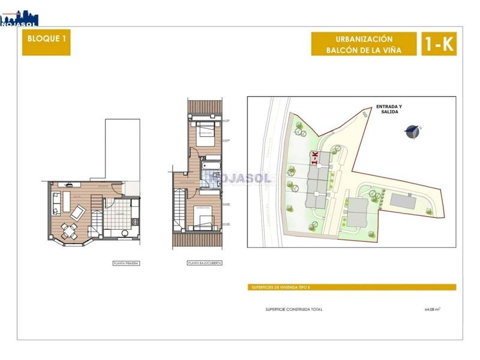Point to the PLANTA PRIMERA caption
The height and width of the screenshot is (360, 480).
126,263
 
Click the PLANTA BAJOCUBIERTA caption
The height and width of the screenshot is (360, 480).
201,263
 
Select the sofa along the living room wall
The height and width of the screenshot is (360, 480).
56,204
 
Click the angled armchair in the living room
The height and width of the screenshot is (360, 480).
78,212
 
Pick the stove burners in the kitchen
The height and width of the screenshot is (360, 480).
135,223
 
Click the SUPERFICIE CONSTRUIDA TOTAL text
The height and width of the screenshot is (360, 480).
294,310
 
